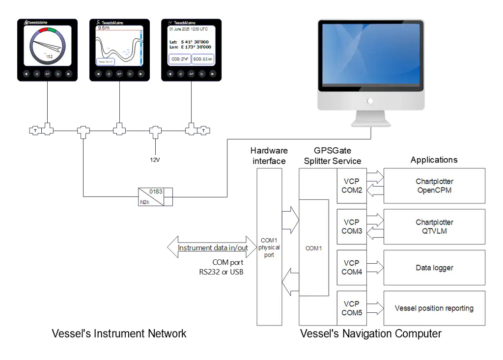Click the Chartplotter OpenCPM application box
tap(434, 186)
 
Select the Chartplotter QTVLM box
tap(434, 226)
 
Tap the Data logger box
tap(434, 268)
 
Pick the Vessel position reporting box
tap(434, 308)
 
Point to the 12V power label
tap(155, 161)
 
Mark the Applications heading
tap(434, 160)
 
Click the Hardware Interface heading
tap(269, 156)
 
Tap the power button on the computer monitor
tap(370, 101)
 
